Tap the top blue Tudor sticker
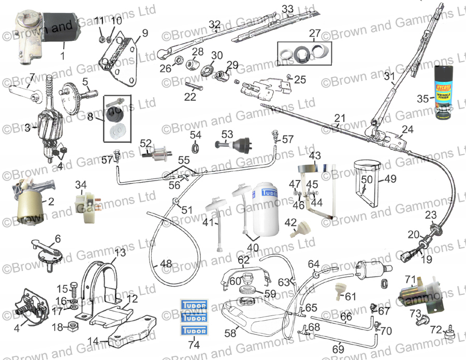[193, 305]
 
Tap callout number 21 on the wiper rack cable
[340, 118]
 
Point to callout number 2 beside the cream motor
[51, 202]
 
